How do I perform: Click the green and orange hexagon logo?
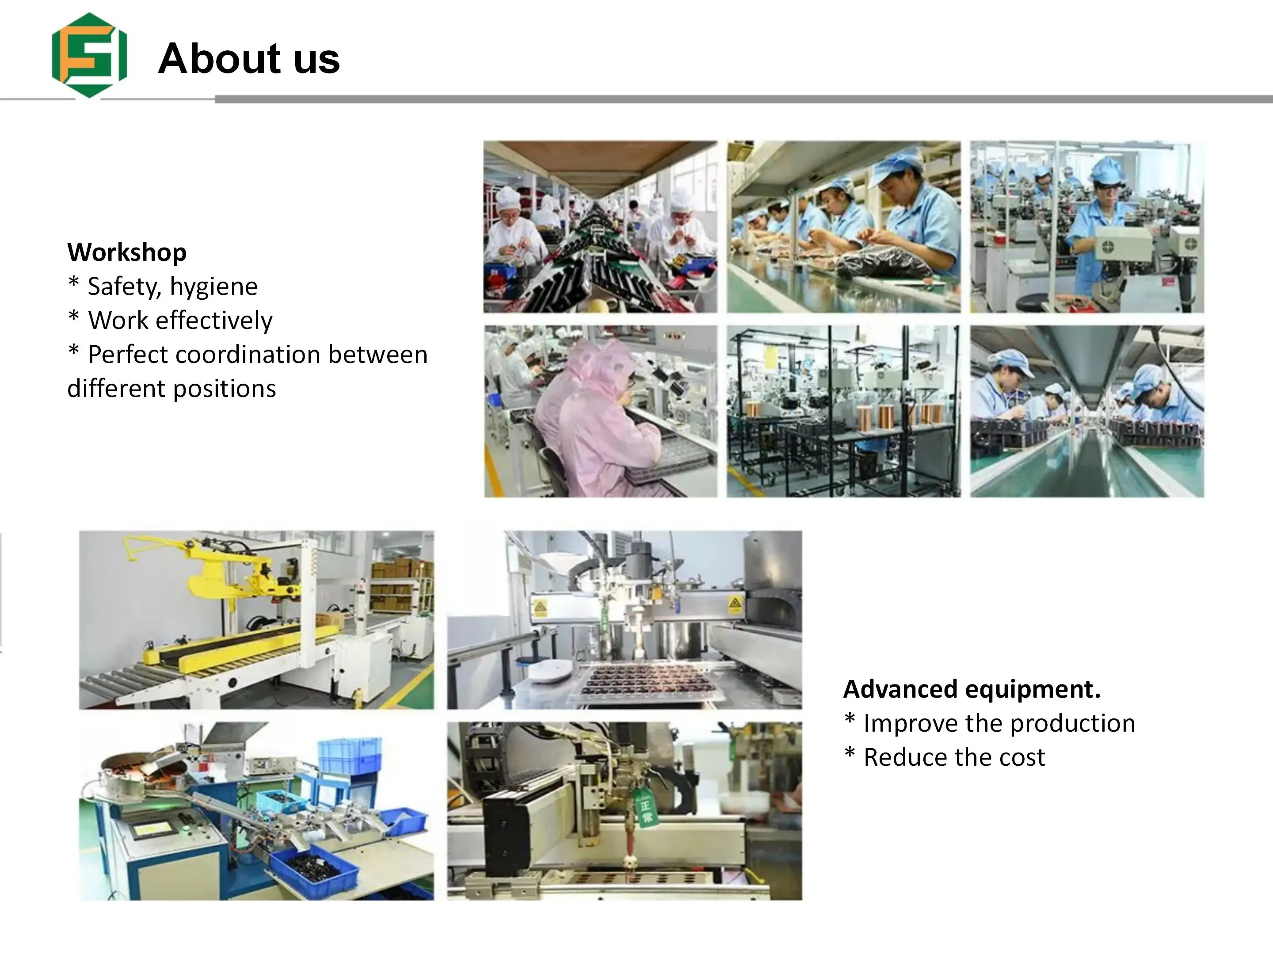coord(89,55)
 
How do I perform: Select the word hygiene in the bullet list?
coord(213,286)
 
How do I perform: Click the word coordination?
coord(248,354)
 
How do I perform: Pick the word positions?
coord(224,389)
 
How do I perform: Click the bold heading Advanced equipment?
coord(972,689)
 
